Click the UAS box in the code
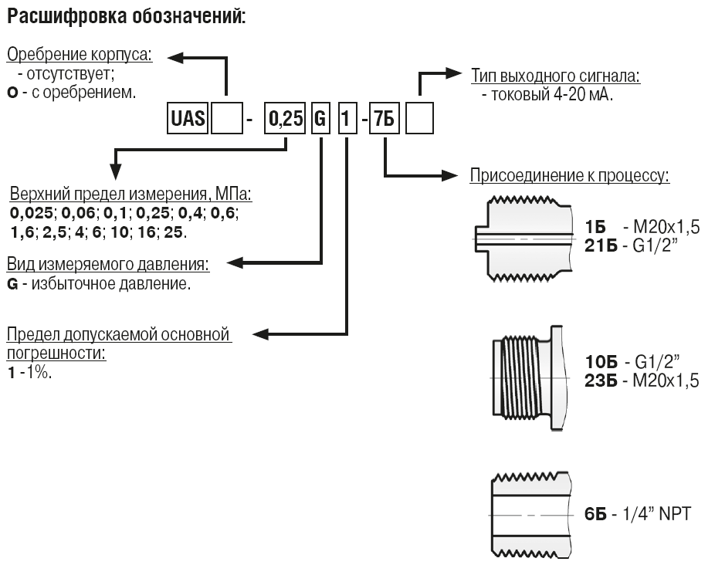coord(188,119)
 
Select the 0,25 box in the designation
coord(285,119)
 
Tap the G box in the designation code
coord(320,119)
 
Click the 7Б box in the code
coord(384,119)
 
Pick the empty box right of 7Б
coord(419,119)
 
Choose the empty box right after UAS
coord(227,119)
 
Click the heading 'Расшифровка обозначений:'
coord(127,17)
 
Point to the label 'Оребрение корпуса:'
coord(80,55)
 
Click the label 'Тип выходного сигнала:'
coord(555,76)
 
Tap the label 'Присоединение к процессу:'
coord(570,175)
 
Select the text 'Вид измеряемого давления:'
coord(108,264)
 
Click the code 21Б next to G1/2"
coord(601,246)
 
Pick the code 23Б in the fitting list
coord(601,381)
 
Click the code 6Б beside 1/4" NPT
coord(595,514)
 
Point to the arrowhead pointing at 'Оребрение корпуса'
coord(175,57)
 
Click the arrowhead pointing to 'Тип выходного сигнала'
coord(454,73)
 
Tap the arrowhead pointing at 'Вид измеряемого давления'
coord(235,262)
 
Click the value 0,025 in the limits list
coord(32,213)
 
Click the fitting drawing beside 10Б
coord(531,378)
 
